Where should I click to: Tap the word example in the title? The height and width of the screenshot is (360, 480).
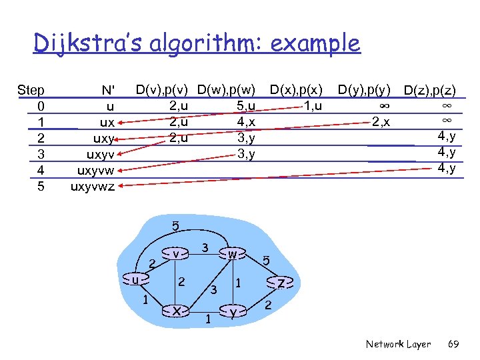[309, 44]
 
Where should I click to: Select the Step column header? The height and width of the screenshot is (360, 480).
[31, 90]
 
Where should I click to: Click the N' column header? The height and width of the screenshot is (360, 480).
[107, 90]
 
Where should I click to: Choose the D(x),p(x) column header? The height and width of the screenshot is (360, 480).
[296, 89]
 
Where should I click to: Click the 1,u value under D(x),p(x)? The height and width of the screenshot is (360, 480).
[312, 105]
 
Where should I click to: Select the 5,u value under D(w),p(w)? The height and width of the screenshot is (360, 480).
[246, 105]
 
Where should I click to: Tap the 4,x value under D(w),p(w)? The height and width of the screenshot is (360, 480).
[246, 122]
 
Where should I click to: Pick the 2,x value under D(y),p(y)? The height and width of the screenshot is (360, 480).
[381, 122]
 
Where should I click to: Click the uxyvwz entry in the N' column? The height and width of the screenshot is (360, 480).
[93, 187]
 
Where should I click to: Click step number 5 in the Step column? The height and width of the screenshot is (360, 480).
[41, 187]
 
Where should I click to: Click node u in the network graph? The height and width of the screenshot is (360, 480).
[135, 280]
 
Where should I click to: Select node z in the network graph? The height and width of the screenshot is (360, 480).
[282, 283]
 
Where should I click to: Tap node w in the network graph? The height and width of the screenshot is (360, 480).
[232, 254]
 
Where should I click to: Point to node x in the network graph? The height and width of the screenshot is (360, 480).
[175, 310]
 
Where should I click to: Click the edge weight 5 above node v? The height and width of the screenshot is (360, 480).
[175, 226]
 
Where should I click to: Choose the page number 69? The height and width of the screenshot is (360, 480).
[453, 344]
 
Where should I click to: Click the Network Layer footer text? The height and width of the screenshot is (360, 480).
[398, 344]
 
